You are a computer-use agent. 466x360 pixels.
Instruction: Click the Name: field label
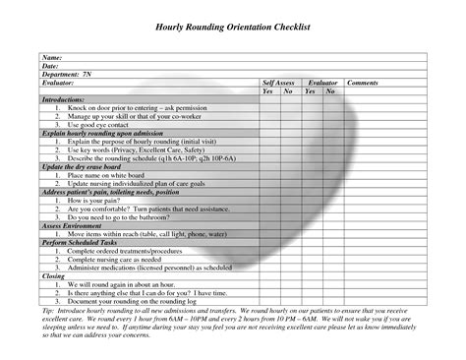pyautogui.click(x=52, y=58)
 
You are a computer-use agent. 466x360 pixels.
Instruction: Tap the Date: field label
pyautogui.click(x=50, y=66)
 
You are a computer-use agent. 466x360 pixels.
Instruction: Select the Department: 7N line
pyautogui.click(x=67, y=75)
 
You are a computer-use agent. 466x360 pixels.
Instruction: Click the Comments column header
pyautogui.click(x=363, y=84)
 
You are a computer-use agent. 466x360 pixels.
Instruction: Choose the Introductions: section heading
pyautogui.click(x=64, y=99)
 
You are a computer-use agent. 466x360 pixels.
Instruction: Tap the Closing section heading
pyautogui.click(x=53, y=276)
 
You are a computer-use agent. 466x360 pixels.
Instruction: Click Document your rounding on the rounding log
pyautogui.click(x=144, y=301)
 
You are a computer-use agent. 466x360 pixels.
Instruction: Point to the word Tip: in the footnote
pyautogui.click(x=48, y=311)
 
